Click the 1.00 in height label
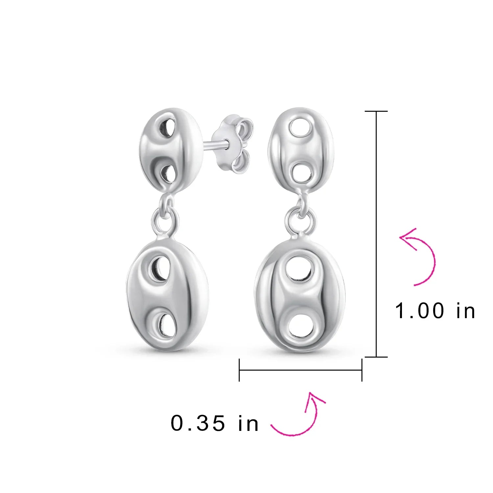click(435, 311)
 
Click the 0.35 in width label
click(215, 423)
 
